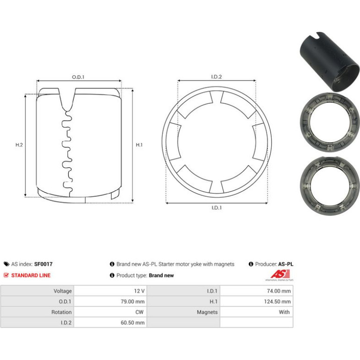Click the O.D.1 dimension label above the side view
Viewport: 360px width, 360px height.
(78, 77)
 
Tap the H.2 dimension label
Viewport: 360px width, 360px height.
(19, 145)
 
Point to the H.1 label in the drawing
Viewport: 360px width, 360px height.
(139, 145)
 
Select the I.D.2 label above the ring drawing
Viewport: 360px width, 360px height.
(216, 77)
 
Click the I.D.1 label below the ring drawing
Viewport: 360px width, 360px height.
(216, 208)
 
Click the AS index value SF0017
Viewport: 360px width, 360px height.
(43, 264)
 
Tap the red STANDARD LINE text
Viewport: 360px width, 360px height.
(31, 275)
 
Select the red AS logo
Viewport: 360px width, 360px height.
(280, 274)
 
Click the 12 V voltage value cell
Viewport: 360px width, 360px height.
(110, 291)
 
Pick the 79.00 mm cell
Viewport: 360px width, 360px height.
(110, 302)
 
